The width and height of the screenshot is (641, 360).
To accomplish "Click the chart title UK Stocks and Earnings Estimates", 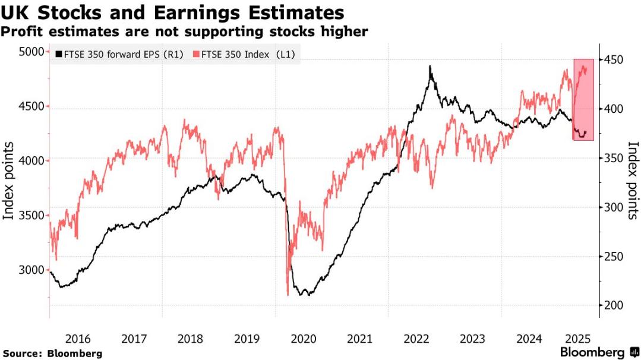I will (x=173, y=12).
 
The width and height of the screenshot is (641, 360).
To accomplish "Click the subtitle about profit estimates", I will (x=185, y=31).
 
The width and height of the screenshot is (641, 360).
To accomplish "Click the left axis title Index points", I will (x=9, y=181).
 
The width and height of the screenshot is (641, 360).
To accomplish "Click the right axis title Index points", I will (x=633, y=181).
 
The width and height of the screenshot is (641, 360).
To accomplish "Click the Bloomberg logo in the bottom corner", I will (x=599, y=352).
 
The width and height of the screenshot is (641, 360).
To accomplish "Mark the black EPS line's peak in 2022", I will (x=430, y=67).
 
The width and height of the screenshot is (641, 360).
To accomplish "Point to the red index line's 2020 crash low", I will (x=288, y=294).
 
